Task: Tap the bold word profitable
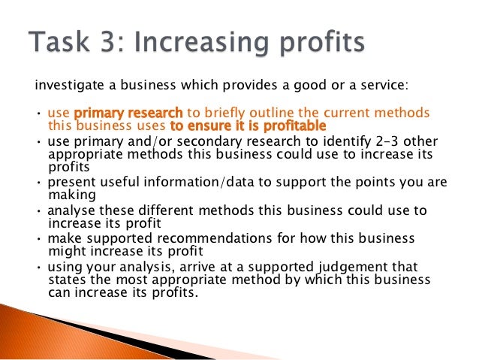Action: pos(286,126)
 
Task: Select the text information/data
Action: pos(185,182)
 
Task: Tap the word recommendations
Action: pos(212,237)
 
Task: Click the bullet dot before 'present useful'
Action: pos(39,183)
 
